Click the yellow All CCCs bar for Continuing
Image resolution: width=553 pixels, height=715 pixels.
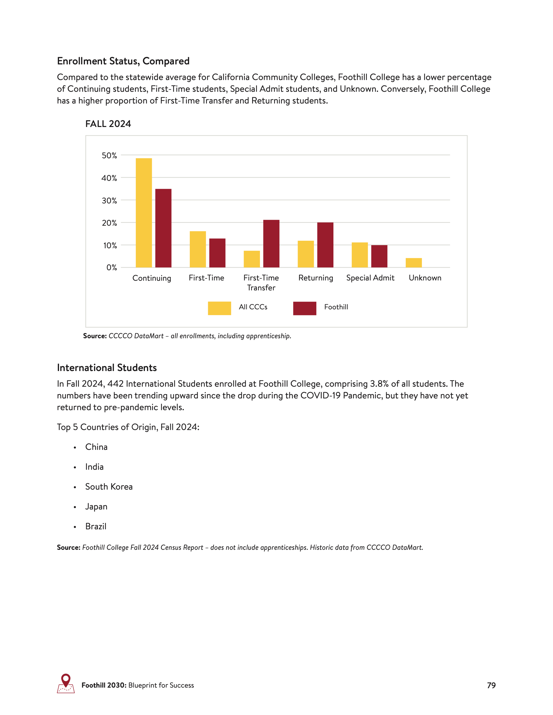(143, 213)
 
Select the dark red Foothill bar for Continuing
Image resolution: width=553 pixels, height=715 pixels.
(163, 228)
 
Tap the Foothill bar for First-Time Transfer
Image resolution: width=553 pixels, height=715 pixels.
(271, 243)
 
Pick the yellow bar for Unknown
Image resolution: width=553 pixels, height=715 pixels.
(414, 263)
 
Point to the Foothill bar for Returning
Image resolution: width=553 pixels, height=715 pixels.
(325, 245)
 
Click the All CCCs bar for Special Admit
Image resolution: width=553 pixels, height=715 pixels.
(359, 255)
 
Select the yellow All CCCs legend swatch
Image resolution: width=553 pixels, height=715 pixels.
(219, 308)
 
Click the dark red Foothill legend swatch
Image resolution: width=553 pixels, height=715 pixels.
(304, 308)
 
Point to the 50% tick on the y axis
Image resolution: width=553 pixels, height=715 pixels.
(109, 156)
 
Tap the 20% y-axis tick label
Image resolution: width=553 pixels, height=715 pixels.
(109, 223)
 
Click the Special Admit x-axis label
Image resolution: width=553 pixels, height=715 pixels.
(370, 278)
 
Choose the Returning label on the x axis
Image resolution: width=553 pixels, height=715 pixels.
(315, 278)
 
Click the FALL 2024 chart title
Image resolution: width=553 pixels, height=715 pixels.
(108, 124)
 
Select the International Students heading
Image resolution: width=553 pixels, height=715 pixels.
(107, 368)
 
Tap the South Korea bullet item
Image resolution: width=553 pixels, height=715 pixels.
(109, 487)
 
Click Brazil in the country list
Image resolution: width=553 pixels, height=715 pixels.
(96, 526)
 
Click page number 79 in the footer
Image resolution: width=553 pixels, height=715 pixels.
(491, 685)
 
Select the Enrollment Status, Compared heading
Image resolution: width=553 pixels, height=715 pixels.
(123, 61)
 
